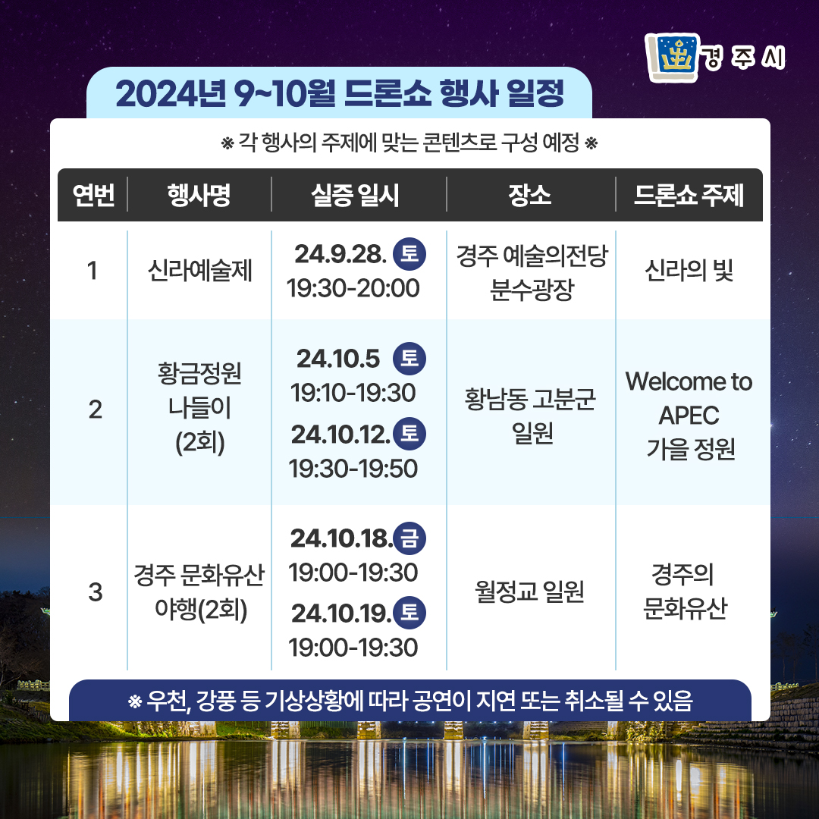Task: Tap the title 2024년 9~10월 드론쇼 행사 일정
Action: pos(340,94)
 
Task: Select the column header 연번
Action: pos(93,196)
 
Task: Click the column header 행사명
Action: pos(199,196)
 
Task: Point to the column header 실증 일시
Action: pos(355,196)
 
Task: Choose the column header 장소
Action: pos(529,196)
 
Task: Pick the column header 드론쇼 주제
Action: pos(689,196)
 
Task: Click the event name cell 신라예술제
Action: pos(199,271)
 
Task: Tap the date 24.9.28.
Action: pos(340,254)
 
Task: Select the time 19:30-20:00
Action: pos(353,288)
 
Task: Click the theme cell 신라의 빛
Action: pos(689,271)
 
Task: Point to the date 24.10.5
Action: pos(338,359)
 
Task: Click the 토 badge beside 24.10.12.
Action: pos(409,434)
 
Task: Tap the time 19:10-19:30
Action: pos(353,393)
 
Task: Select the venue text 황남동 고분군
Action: pos(530,400)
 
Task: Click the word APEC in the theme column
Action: pos(689,416)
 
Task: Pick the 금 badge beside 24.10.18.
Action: pos(409,538)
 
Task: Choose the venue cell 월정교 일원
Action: pos(529,591)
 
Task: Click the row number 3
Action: pos(95,592)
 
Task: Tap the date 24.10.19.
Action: pos(341,613)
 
